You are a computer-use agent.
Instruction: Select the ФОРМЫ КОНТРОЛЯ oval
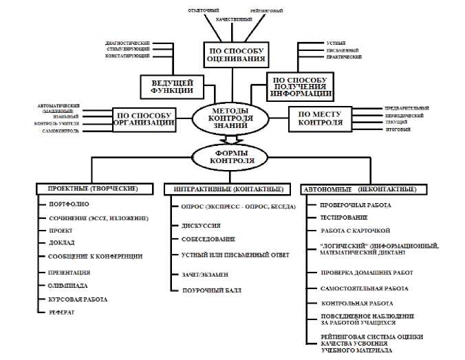click(x=232, y=156)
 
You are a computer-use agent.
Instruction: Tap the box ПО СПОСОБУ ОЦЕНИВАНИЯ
click(x=233, y=54)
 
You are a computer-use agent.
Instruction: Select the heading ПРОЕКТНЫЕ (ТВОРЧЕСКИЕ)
click(x=92, y=189)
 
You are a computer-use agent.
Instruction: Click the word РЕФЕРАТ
click(x=62, y=312)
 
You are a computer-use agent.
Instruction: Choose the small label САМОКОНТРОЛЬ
click(x=58, y=130)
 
